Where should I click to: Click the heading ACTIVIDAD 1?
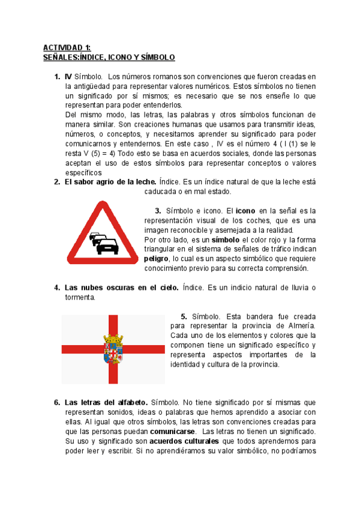coord(66,47)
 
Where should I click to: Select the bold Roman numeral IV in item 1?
coord(68,77)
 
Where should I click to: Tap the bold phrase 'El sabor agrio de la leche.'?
coord(110,182)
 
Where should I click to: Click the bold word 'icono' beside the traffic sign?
coord(245,211)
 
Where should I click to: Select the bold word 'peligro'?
coord(157,259)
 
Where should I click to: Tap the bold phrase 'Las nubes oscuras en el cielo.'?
coord(121,288)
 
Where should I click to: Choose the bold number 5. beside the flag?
coord(184,316)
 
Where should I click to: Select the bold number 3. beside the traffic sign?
coord(158,211)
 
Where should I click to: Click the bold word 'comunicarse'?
coord(172,432)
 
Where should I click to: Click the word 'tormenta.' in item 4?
coord(80,297)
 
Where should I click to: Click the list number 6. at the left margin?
coord(57,403)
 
